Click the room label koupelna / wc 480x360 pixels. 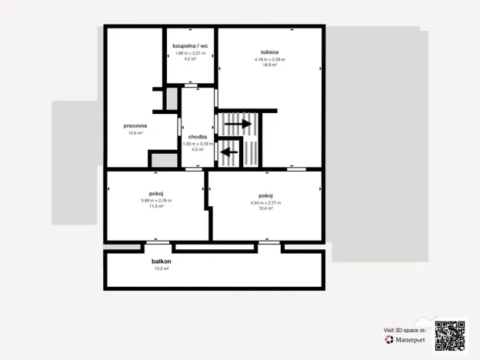[x=191, y=46]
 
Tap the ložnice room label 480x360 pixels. [x=269, y=52]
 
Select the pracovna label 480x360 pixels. [x=135, y=125]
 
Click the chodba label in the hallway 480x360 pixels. [x=198, y=137]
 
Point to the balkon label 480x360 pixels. [x=162, y=262]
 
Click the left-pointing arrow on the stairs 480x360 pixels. [x=228, y=152]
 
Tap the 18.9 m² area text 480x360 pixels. [x=269, y=65]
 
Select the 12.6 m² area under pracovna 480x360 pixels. [x=135, y=133]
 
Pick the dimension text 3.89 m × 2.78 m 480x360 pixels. [x=156, y=201]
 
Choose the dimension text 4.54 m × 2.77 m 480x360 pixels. [x=266, y=202]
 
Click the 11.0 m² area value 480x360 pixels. [x=156, y=206]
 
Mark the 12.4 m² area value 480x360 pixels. [x=266, y=208]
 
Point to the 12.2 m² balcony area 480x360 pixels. [x=162, y=268]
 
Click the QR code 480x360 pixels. [x=450, y=335]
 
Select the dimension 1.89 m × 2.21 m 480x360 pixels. [x=191, y=53]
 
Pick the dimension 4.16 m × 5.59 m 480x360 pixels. [x=269, y=59]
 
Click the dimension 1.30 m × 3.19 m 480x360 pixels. [x=198, y=144]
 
